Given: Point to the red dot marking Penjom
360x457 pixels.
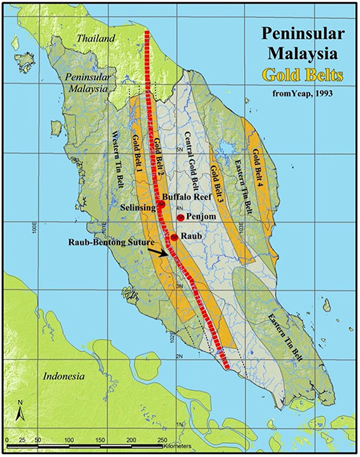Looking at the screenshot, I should (180, 217).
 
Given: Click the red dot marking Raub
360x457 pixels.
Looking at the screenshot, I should (175, 237).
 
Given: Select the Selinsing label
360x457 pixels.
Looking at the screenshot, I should (138, 207).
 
